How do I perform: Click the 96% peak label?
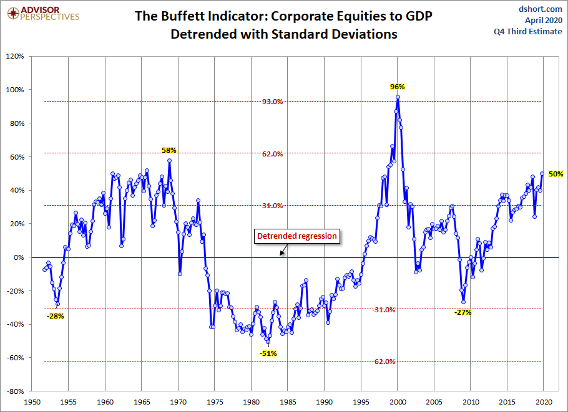[398, 87]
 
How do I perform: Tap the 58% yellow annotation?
[169, 150]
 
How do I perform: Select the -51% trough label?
[268, 353]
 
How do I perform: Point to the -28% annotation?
[56, 316]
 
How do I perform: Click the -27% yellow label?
[463, 312]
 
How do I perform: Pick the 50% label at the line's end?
[556, 174]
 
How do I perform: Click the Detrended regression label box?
[297, 236]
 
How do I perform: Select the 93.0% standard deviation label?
[273, 102]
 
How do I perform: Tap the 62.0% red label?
[273, 154]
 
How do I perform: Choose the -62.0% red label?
[384, 362]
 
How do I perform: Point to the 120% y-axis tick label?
[14, 56]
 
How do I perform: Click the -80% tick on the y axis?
[14, 391]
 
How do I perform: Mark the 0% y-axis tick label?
[19, 257]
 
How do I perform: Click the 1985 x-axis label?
[288, 403]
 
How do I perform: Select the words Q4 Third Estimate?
[535, 32]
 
